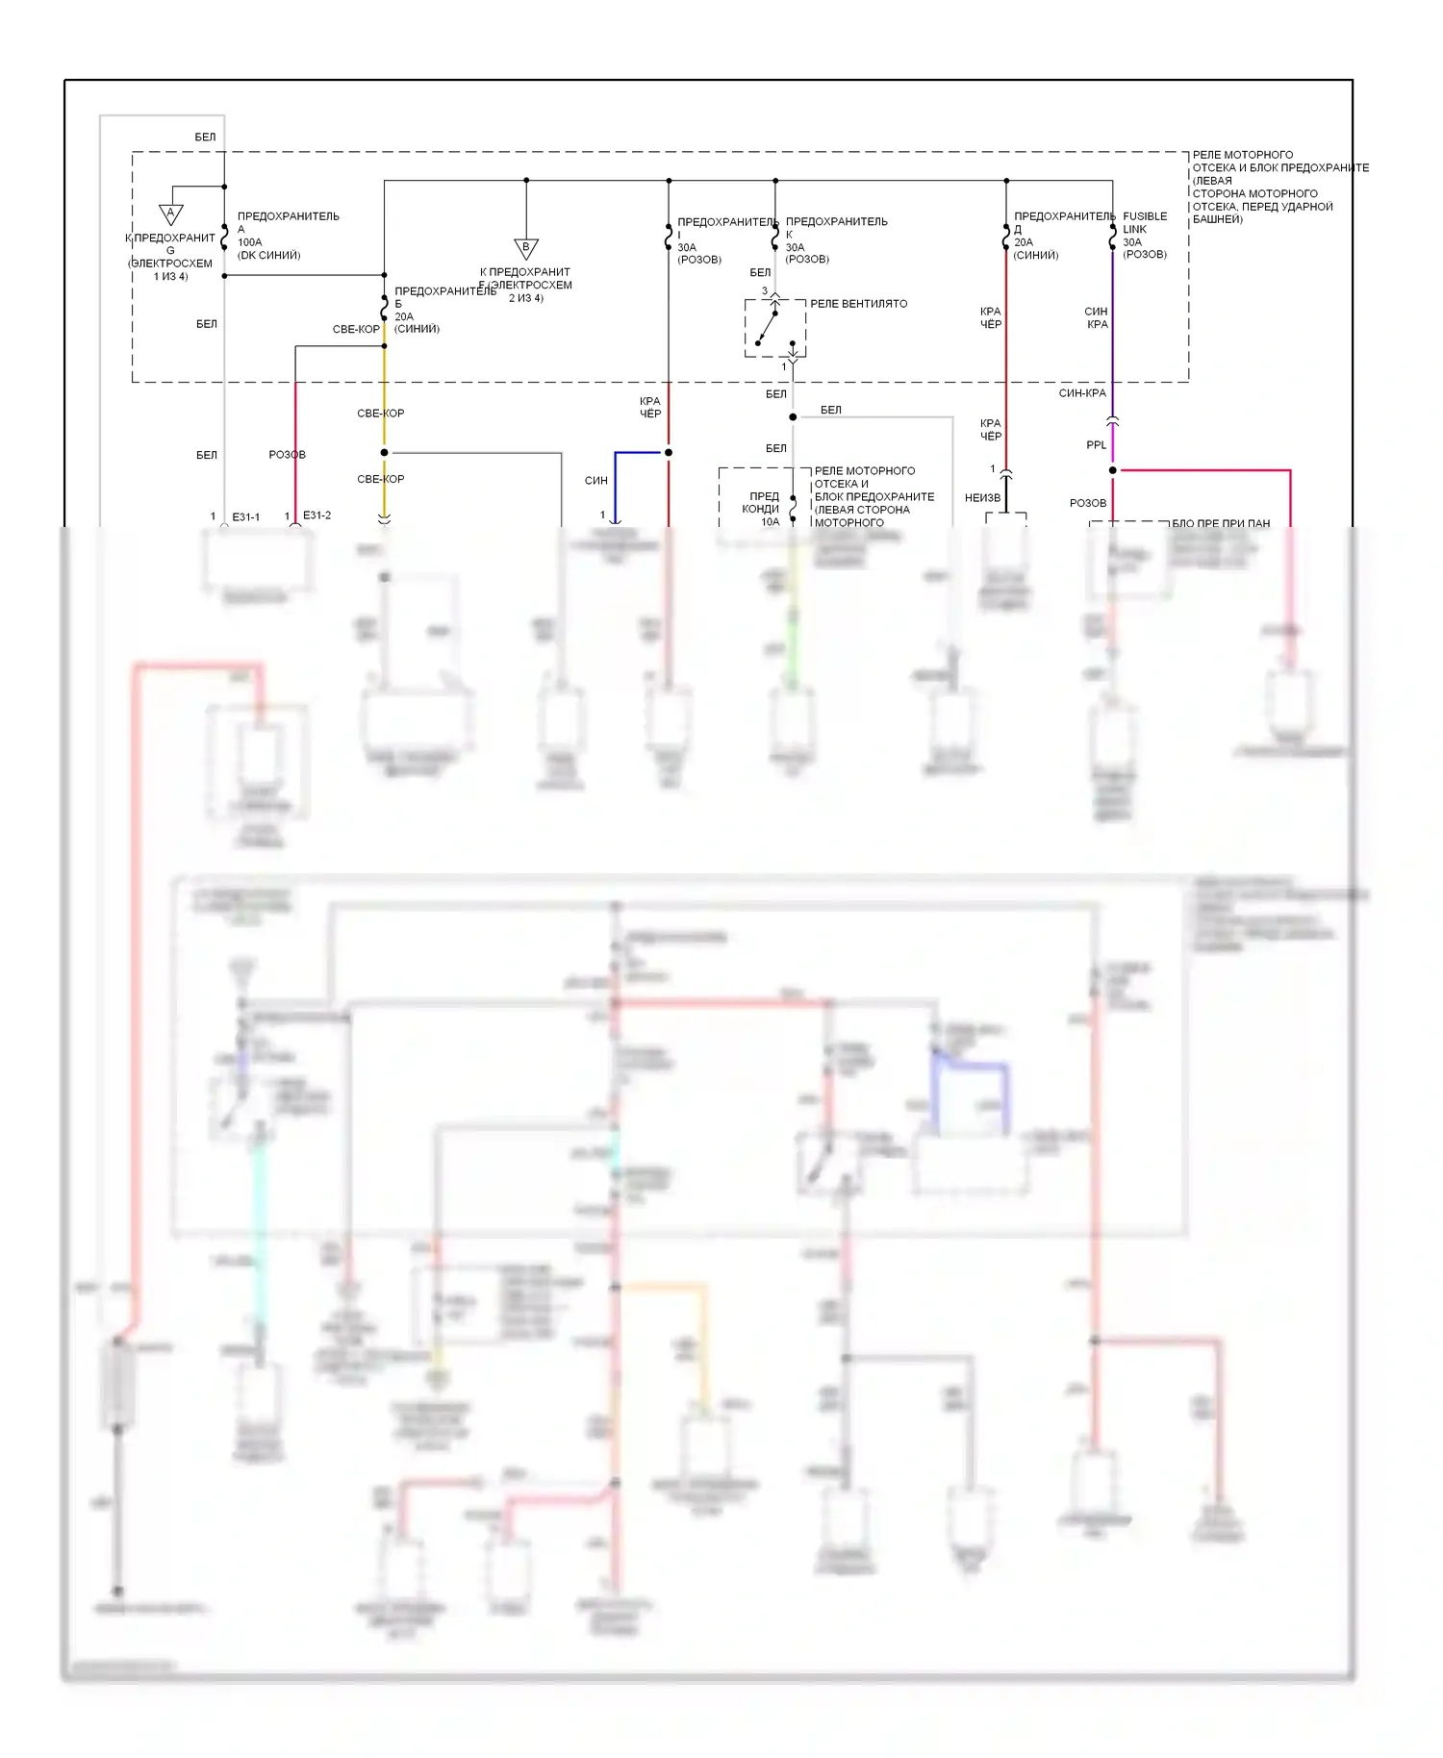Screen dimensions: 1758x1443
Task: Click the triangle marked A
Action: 170,213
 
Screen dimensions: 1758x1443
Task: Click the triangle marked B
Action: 525,248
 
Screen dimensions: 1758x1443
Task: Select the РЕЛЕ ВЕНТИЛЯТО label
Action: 858,304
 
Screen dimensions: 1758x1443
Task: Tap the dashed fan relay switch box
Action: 775,328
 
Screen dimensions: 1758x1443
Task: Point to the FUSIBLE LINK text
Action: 1145,222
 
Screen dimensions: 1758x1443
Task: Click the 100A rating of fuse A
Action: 249,242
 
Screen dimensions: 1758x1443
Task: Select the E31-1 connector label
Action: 245,516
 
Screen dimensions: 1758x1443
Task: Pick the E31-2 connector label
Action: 316,515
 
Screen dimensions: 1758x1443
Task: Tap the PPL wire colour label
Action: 1096,445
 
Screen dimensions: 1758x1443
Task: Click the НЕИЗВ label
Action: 982,498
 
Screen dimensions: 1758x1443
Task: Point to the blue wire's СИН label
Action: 595,481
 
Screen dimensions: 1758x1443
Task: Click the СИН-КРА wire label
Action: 1082,393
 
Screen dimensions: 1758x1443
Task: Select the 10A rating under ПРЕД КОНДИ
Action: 770,522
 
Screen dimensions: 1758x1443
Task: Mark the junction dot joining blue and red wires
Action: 669,452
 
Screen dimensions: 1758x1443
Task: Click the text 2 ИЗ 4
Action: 525,298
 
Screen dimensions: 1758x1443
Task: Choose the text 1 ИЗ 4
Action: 170,277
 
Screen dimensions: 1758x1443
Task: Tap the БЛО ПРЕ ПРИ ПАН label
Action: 1220,524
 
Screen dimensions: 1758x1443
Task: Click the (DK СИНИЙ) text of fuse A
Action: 269,256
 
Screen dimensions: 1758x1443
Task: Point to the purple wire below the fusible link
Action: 1113,327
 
